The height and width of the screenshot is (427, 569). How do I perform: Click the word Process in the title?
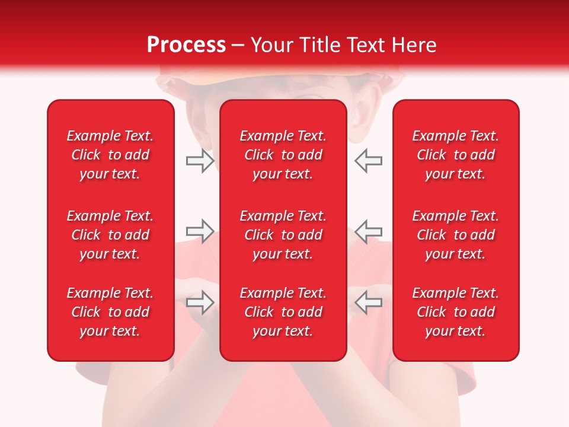186,45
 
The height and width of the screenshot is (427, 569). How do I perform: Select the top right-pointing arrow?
200,161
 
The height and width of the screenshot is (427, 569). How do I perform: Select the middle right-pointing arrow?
200,231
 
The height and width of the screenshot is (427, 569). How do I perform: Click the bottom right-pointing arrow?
200,302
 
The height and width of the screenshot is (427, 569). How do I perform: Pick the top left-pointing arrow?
368,161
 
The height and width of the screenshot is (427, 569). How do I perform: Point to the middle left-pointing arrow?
368,231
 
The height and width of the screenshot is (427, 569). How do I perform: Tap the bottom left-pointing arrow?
368,302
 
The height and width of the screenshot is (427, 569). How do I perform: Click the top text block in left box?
110,155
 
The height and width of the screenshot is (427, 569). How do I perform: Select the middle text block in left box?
110,235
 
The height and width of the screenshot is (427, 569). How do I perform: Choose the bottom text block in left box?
110,312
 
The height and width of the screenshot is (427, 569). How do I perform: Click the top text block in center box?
283,155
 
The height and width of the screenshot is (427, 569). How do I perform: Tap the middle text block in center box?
283,235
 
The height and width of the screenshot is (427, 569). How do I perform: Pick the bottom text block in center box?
283,312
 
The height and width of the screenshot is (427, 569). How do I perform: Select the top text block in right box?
455,155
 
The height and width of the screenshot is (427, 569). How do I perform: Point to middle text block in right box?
455,235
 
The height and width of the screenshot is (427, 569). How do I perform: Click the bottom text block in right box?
455,312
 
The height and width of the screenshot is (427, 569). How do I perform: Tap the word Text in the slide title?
367,45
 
